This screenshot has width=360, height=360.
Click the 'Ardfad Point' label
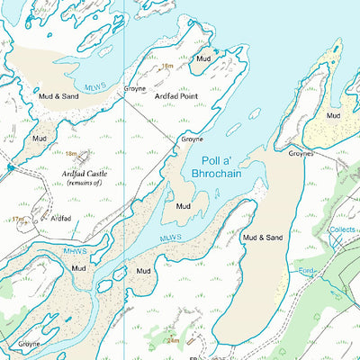pyautogui.click(x=175, y=95)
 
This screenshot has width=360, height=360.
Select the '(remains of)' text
pyautogui.click(x=85, y=183)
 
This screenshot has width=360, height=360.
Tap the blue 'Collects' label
pyautogui.click(x=342, y=229)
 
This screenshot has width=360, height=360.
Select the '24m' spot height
pyautogui.click(x=173, y=341)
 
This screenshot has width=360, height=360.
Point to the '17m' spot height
pyautogui.click(x=18, y=219)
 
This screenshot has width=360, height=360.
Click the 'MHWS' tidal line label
pyautogui.click(x=74, y=249)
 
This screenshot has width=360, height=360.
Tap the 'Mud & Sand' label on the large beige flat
pyautogui.click(x=263, y=238)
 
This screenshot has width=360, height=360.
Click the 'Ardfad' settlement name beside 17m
pyautogui.click(x=61, y=219)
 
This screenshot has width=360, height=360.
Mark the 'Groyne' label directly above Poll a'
pyautogui.click(x=192, y=139)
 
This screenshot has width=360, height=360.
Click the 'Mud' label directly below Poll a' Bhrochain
pyautogui.click(x=184, y=206)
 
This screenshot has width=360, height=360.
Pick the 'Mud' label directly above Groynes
pyautogui.click(x=334, y=116)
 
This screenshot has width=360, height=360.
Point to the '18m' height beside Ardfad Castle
pyautogui.click(x=71, y=154)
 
